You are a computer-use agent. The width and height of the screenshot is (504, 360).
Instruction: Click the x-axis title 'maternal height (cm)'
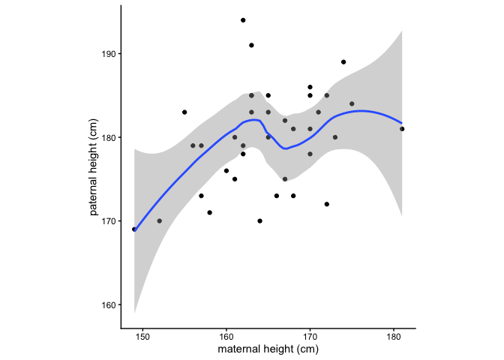pyautogui.click(x=268, y=350)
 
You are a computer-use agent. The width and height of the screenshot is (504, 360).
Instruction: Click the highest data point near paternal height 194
pyautogui.click(x=243, y=20)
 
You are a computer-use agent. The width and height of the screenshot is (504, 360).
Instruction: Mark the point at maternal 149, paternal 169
pyautogui.click(x=134, y=229)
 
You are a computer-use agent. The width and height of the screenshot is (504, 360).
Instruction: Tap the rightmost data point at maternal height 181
pyautogui.click(x=402, y=129)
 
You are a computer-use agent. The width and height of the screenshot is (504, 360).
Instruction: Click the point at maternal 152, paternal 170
pyautogui.click(x=159, y=221)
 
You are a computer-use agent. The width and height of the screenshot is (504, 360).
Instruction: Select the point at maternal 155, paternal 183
pyautogui.click(x=184, y=112)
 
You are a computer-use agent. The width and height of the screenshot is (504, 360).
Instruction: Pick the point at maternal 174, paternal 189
pyautogui.click(x=343, y=62)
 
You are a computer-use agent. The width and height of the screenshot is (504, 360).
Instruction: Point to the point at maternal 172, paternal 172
pyautogui.click(x=327, y=204)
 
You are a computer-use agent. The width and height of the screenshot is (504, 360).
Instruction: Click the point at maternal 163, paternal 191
pyautogui.click(x=251, y=45)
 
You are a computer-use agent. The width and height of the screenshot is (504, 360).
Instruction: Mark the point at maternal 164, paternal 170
pyautogui.click(x=259, y=221)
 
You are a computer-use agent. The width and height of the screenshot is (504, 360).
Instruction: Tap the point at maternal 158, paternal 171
pyautogui.click(x=209, y=213)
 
